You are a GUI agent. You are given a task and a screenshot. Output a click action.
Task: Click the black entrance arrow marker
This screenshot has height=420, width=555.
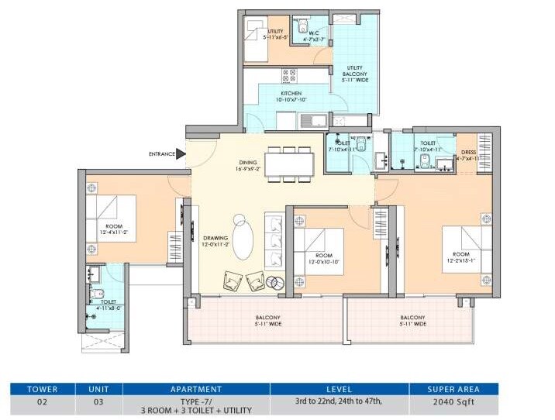[x=181, y=153]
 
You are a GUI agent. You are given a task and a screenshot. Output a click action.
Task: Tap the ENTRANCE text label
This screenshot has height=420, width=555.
[x=161, y=154]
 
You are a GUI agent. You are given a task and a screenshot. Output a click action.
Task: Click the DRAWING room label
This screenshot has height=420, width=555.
[x=215, y=240]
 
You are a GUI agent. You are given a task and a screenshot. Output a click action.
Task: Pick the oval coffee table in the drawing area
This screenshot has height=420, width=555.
[x=243, y=240]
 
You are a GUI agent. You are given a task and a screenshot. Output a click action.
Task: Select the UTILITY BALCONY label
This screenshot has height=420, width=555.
[x=354, y=71]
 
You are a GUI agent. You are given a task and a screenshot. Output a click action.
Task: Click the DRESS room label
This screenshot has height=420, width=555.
[x=467, y=153]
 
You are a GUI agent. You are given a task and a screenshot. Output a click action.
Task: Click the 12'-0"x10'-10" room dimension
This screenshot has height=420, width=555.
[x=323, y=261]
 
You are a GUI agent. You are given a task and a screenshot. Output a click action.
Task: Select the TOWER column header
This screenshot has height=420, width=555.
[x=42, y=388]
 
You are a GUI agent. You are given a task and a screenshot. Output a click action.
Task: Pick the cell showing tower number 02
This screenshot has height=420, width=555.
[x=42, y=403]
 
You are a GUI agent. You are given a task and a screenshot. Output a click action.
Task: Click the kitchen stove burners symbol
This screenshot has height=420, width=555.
[x=289, y=75]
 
